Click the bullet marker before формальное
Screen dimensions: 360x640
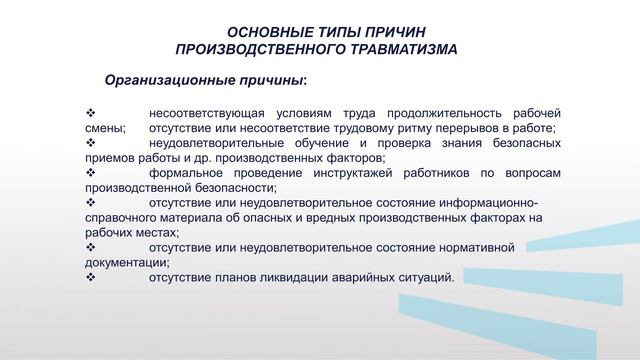click(91, 173)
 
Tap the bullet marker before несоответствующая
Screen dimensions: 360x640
click(91, 112)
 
